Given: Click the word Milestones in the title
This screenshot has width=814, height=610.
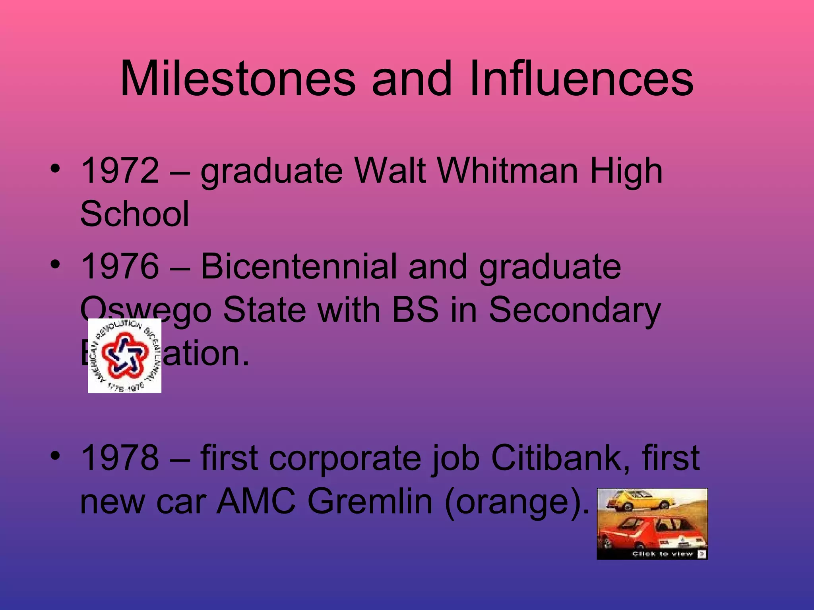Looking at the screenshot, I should pos(238,78).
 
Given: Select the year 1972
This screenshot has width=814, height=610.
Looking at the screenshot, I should pos(120,171).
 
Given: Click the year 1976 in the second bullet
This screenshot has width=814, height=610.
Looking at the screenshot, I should pos(120,266).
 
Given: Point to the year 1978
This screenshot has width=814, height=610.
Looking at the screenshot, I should pos(120,457).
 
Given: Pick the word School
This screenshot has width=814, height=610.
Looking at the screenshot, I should pos(134,214).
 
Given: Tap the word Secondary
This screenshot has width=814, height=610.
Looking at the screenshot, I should pos(574,310).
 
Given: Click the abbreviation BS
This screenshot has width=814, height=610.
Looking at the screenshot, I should pos(415,310).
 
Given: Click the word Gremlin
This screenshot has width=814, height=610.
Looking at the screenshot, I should pos(370,501).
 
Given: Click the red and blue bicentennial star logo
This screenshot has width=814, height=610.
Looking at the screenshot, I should pos(125,355).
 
